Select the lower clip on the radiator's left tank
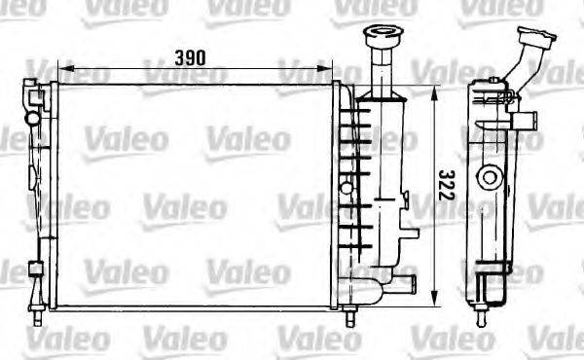pos(35,269)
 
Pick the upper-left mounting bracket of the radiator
pos(37,96)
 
